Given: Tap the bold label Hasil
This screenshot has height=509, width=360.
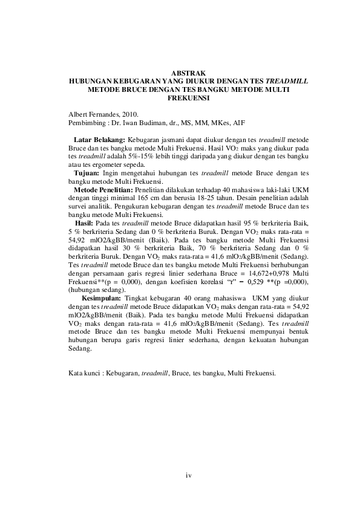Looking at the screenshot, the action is pos(84,223).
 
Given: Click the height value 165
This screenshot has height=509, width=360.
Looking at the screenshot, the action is pos(131,198).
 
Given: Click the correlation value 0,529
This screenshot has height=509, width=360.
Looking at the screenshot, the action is pos(252,282).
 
